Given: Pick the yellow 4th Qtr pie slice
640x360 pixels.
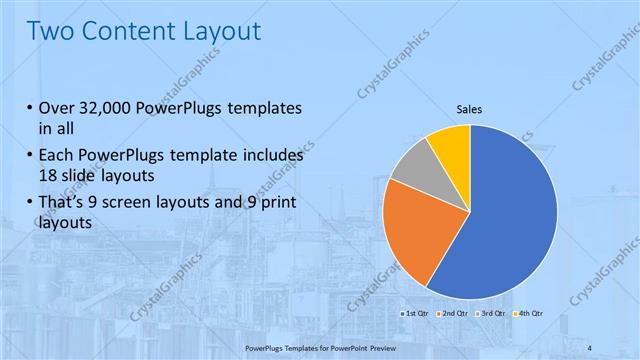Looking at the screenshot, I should (x=452, y=146).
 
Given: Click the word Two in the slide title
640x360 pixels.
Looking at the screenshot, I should (x=49, y=31).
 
